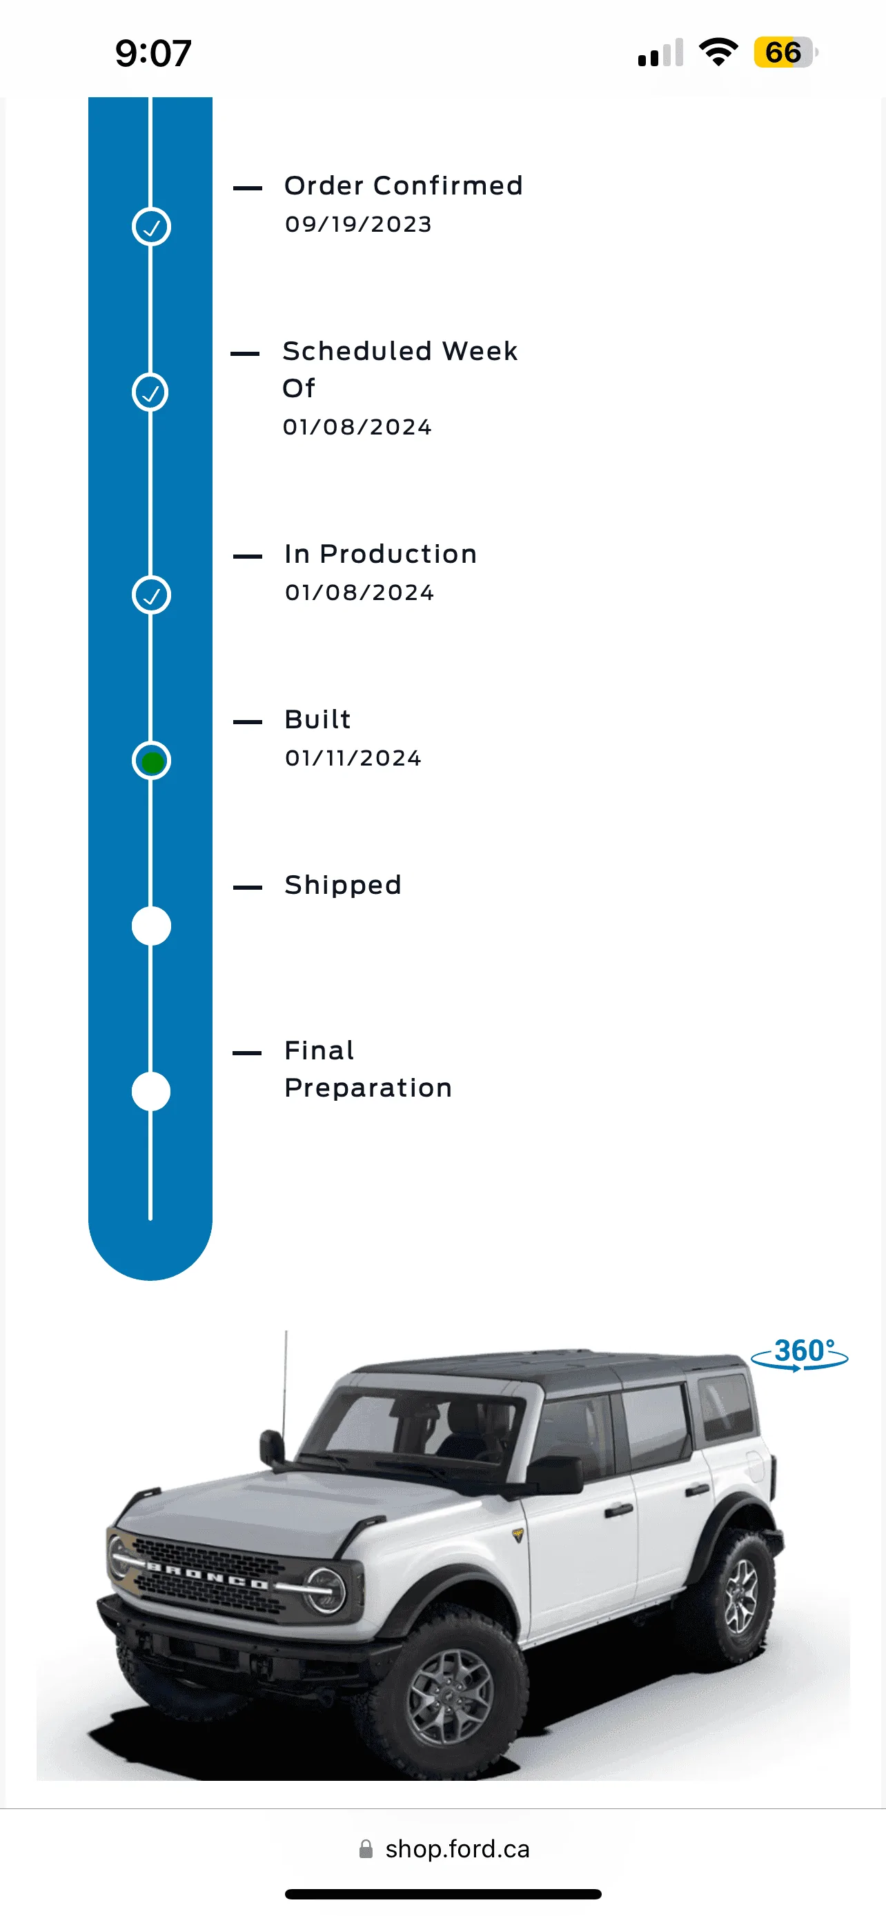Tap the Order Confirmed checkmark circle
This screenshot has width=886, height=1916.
point(151,227)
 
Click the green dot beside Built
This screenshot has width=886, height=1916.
point(152,761)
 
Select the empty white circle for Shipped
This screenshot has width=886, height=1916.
point(151,926)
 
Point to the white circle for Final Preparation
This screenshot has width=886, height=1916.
point(151,1091)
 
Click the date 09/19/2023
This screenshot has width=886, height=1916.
point(358,224)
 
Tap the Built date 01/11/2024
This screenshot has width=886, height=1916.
point(353,758)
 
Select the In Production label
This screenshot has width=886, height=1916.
point(380,554)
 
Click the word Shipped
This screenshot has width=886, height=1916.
point(343,885)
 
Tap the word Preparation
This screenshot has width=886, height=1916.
point(368,1088)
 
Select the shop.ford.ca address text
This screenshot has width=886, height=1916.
point(457,1848)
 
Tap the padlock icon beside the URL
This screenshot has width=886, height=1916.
point(366,1848)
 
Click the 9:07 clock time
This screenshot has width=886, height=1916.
point(153,54)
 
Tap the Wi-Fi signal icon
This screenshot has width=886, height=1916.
point(718,51)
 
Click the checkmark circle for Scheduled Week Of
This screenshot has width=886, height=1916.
point(151,392)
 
